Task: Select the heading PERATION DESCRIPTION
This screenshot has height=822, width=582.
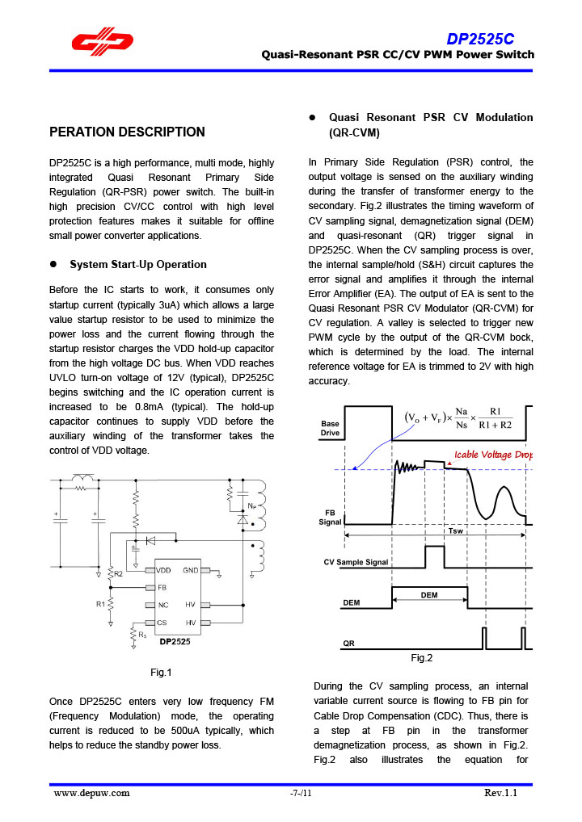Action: pos(127,132)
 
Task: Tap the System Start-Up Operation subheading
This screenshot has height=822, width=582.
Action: pos(138,264)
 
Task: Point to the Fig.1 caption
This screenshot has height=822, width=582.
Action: pos(162,672)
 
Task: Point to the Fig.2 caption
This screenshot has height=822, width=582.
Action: pos(421,658)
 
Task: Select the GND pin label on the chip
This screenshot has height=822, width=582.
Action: pos(191,570)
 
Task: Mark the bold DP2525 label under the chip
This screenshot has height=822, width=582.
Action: pos(175,641)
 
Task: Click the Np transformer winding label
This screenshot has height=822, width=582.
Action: pos(252,506)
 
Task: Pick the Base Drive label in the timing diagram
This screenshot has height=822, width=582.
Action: pos(330,428)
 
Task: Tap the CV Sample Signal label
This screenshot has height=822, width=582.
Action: pos(356,561)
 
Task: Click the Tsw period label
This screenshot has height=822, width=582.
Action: pos(455,531)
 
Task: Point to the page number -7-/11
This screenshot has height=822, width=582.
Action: pos(301,793)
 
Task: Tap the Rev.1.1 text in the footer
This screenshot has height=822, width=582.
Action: pos(500,793)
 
